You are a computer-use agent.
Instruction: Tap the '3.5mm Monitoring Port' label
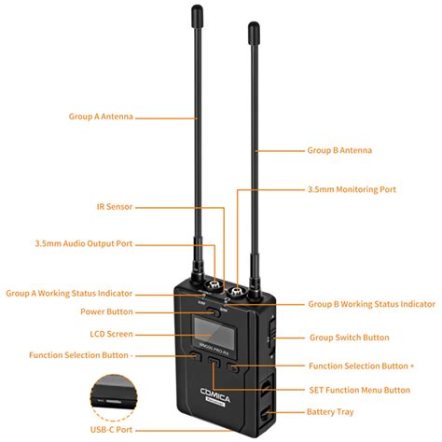(x=352, y=188)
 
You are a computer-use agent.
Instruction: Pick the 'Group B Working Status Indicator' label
(x=371, y=304)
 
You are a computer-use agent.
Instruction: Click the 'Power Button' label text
(x=107, y=312)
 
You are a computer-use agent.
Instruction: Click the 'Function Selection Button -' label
(x=81, y=355)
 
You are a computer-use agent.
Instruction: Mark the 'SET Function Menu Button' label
(x=359, y=390)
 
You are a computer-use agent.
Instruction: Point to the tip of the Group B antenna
(x=253, y=28)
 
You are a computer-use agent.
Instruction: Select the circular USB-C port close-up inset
(x=117, y=397)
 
